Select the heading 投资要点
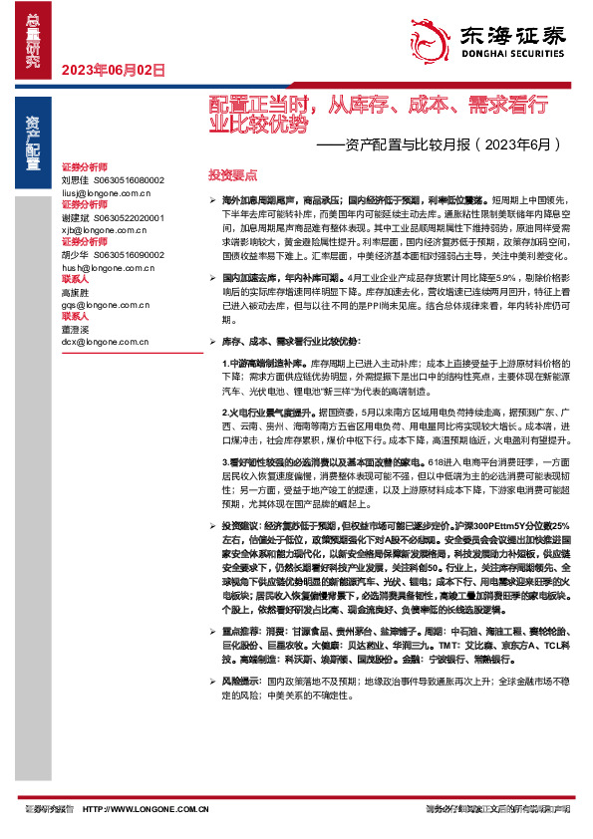[x=232, y=173]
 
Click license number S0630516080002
[x=129, y=179]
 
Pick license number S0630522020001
[x=129, y=217]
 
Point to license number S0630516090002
[x=129, y=255]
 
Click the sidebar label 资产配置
[x=34, y=135]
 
